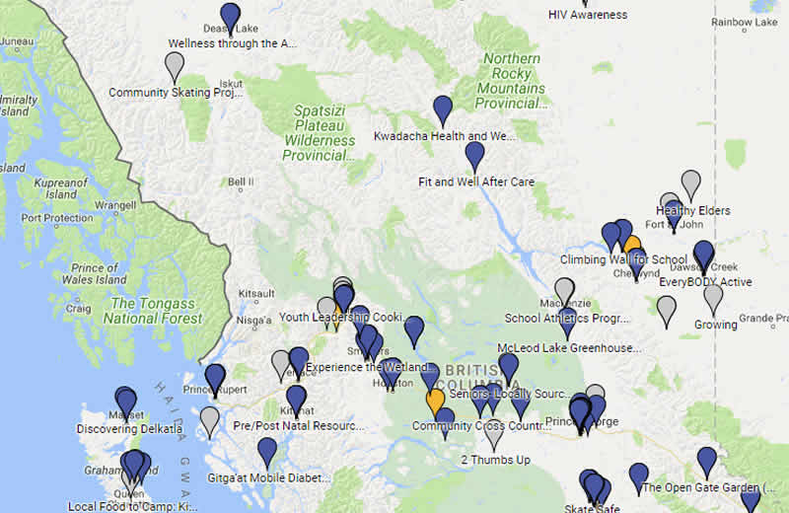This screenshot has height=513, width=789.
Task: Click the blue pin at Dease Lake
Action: pos(230,17)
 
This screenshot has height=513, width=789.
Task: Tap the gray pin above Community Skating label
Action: pos(174,65)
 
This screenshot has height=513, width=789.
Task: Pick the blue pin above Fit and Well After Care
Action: pos(474,154)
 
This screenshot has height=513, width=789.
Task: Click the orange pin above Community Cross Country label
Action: pos(435,402)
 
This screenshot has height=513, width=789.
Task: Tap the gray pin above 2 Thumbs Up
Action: pos(495,432)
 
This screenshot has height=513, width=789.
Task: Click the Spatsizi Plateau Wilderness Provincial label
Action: pos(320,133)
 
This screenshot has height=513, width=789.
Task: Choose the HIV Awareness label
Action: pos(587,15)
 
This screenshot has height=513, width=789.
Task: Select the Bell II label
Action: pos(241,182)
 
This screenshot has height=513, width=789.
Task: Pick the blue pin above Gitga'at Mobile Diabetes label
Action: pos(266,451)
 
